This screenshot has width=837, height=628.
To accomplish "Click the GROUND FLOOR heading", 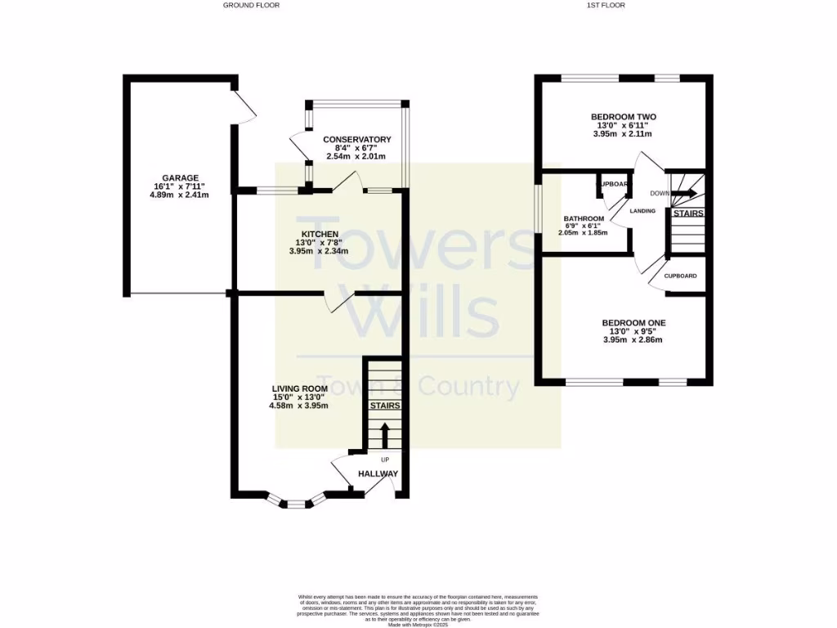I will (252, 5).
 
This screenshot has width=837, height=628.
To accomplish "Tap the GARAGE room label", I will (179, 177).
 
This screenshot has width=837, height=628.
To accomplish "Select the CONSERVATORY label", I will (356, 139).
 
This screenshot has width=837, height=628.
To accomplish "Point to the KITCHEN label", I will (319, 234).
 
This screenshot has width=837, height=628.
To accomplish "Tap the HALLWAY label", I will (378, 474).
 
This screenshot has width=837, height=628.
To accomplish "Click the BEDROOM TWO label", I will (623, 117).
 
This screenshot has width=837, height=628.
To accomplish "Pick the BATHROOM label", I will (584, 218).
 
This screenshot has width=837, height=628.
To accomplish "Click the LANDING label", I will (642, 211).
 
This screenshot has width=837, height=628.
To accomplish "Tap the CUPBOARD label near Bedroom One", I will (680, 276).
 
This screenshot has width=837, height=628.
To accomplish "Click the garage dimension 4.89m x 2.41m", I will (179, 195).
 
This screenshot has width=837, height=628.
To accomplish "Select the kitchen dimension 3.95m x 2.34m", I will (319, 251).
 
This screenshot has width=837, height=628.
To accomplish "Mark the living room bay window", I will (296, 501).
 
